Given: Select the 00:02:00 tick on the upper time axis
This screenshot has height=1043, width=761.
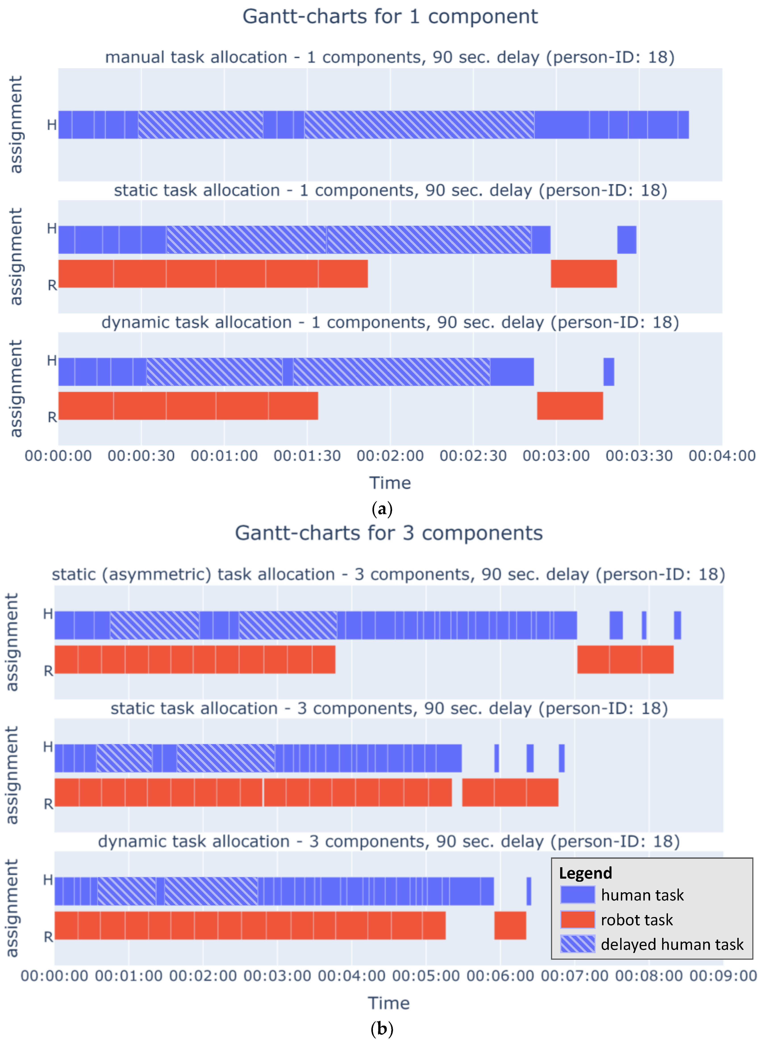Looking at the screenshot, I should [x=390, y=456].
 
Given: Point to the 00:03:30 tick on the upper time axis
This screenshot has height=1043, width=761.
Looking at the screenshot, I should [x=639, y=456].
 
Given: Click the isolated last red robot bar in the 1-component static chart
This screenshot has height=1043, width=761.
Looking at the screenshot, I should [x=584, y=274].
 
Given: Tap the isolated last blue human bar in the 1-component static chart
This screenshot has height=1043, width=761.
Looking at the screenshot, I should [x=626, y=240].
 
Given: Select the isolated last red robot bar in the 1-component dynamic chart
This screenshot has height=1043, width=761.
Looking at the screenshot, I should [x=570, y=406].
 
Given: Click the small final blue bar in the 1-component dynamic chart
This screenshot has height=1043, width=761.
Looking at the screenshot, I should [x=609, y=371].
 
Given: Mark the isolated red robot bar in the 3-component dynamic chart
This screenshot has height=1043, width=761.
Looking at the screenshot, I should [x=510, y=925].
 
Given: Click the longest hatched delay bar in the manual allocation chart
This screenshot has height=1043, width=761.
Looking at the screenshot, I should [x=419, y=124].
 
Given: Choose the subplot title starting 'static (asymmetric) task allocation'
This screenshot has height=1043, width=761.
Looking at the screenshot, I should [x=388, y=574].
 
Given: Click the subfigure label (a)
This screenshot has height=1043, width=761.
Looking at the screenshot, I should [x=381, y=509].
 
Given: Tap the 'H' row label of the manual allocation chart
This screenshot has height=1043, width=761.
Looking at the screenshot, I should [x=52, y=125].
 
